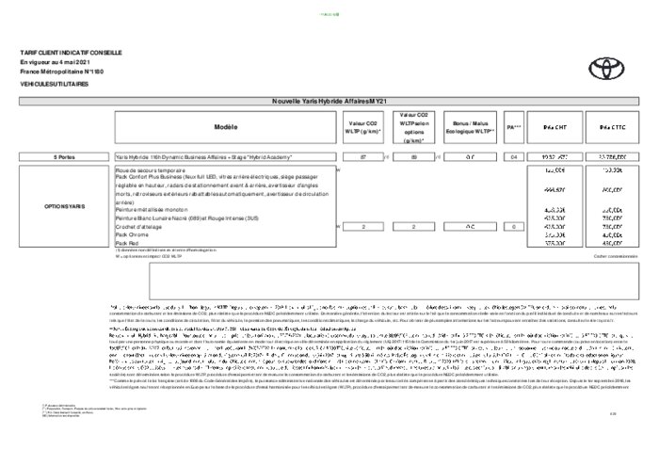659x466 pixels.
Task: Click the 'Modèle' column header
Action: point(225,125)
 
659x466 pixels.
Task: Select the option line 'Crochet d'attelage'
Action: point(138,226)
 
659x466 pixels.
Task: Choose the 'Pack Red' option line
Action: point(126,243)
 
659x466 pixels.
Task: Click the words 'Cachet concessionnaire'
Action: point(615,255)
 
